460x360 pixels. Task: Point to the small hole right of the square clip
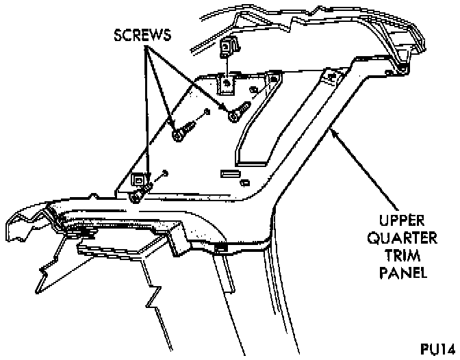point(165,174)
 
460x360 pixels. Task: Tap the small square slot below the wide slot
point(244,183)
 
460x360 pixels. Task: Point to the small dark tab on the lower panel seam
point(220,246)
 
